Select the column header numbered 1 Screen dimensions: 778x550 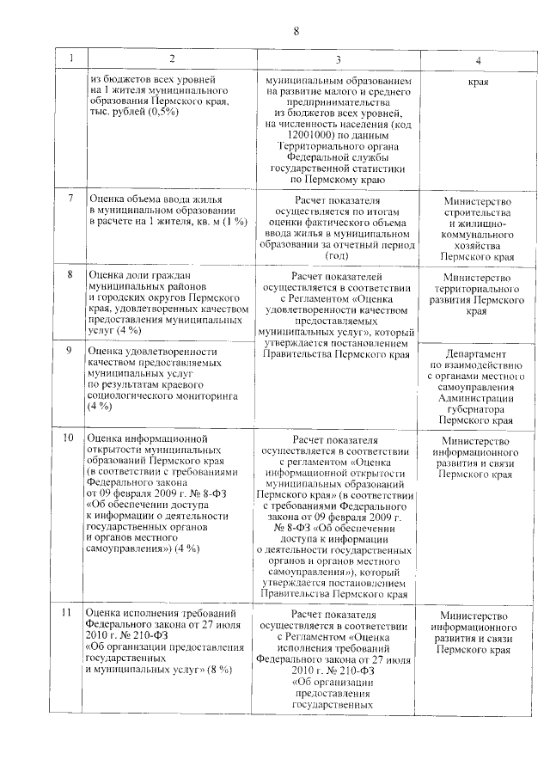[72, 60]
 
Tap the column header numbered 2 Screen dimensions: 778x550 [172, 60]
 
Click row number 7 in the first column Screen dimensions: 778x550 [71, 199]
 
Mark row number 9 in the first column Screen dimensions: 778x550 [71, 351]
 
